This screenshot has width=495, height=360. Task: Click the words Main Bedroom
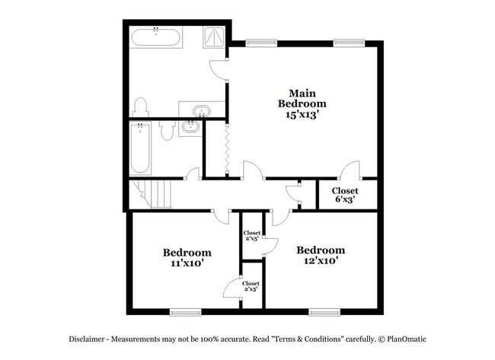pos(302,97)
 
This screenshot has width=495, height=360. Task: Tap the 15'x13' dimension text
pos(302,116)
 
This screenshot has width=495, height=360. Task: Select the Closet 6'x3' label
pos(344,195)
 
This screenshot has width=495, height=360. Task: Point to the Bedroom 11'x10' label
pos(187,257)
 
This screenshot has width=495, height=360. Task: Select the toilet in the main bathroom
pos(140,107)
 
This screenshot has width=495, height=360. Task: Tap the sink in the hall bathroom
pos(190,129)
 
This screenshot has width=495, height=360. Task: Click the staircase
pos(155,193)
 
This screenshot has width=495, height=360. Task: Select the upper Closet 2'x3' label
pos(251,236)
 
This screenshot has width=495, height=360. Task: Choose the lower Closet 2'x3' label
pos(251,286)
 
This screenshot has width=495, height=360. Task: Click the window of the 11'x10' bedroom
pos(185,311)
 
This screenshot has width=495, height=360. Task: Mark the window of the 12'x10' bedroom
pos(324,311)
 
